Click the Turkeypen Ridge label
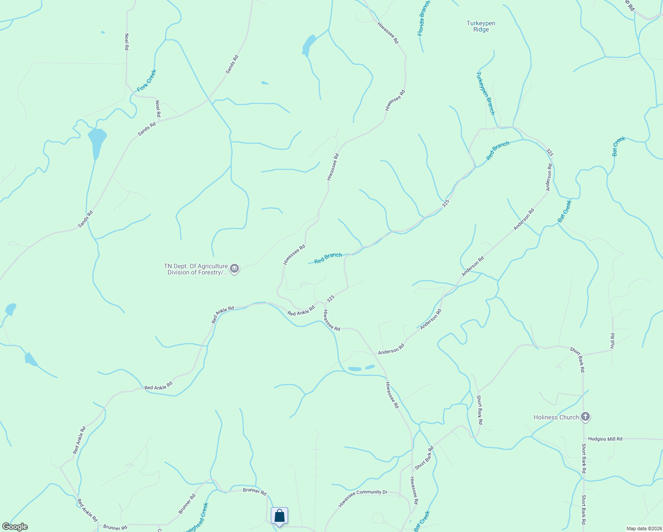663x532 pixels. coord(481,27)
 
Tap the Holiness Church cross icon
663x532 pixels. coord(585,417)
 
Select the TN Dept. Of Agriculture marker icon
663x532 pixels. coord(234,268)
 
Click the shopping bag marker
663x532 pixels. coord(279,516)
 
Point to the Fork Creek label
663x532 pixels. coord(147,81)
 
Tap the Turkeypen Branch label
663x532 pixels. coord(485,94)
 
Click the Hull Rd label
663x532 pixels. coord(612,341)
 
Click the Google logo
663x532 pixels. coord(15,527)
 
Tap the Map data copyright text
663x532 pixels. coord(644,528)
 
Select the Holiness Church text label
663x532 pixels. coord(556,417)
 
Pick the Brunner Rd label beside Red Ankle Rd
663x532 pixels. coord(115,528)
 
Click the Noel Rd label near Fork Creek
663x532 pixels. coord(158,109)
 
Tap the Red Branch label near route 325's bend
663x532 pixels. coord(498,151)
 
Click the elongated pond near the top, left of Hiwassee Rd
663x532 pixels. coord(308,45)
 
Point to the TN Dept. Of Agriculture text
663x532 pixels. coord(196,269)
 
